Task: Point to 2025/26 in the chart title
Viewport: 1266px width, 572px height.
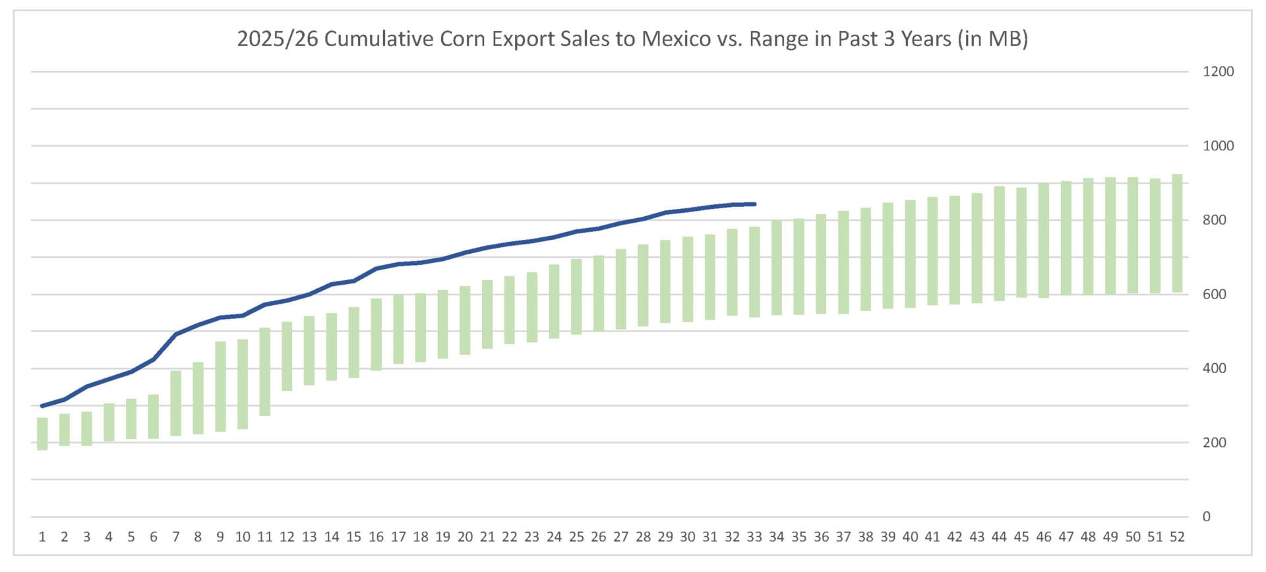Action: pos(277,39)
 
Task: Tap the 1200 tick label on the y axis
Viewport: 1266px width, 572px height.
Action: pos(1218,72)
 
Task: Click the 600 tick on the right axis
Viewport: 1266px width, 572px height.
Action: pos(1214,295)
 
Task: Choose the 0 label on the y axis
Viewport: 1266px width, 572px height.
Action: pos(1206,517)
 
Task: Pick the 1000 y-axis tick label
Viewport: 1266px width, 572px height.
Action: pos(1218,146)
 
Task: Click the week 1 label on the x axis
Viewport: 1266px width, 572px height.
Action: pos(42,537)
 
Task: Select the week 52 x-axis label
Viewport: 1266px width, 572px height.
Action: pos(1177,537)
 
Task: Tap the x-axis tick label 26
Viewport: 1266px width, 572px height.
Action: pos(598,537)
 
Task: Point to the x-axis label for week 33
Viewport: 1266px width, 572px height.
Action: pos(754,537)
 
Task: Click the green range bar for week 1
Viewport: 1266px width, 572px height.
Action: pos(42,434)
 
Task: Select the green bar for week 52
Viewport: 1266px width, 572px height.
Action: pos(1177,233)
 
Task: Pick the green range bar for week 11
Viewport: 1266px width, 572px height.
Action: pos(265,372)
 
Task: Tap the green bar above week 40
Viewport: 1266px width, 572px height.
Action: pos(910,254)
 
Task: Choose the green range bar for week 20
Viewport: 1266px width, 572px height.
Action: pos(465,320)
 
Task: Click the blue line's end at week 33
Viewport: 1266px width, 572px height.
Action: pos(754,204)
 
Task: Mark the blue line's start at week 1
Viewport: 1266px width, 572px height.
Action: pos(42,406)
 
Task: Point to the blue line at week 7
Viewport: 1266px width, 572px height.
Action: pos(176,334)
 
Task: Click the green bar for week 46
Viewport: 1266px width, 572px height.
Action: pos(1044,241)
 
